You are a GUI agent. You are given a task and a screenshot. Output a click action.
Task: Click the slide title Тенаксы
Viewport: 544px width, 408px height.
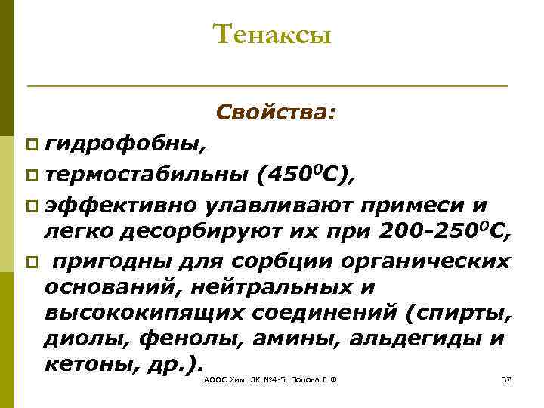(x=272, y=35)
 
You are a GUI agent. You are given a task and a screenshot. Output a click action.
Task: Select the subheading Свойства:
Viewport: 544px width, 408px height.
(x=276, y=113)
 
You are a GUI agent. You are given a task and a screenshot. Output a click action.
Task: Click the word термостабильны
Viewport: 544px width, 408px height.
(x=147, y=175)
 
